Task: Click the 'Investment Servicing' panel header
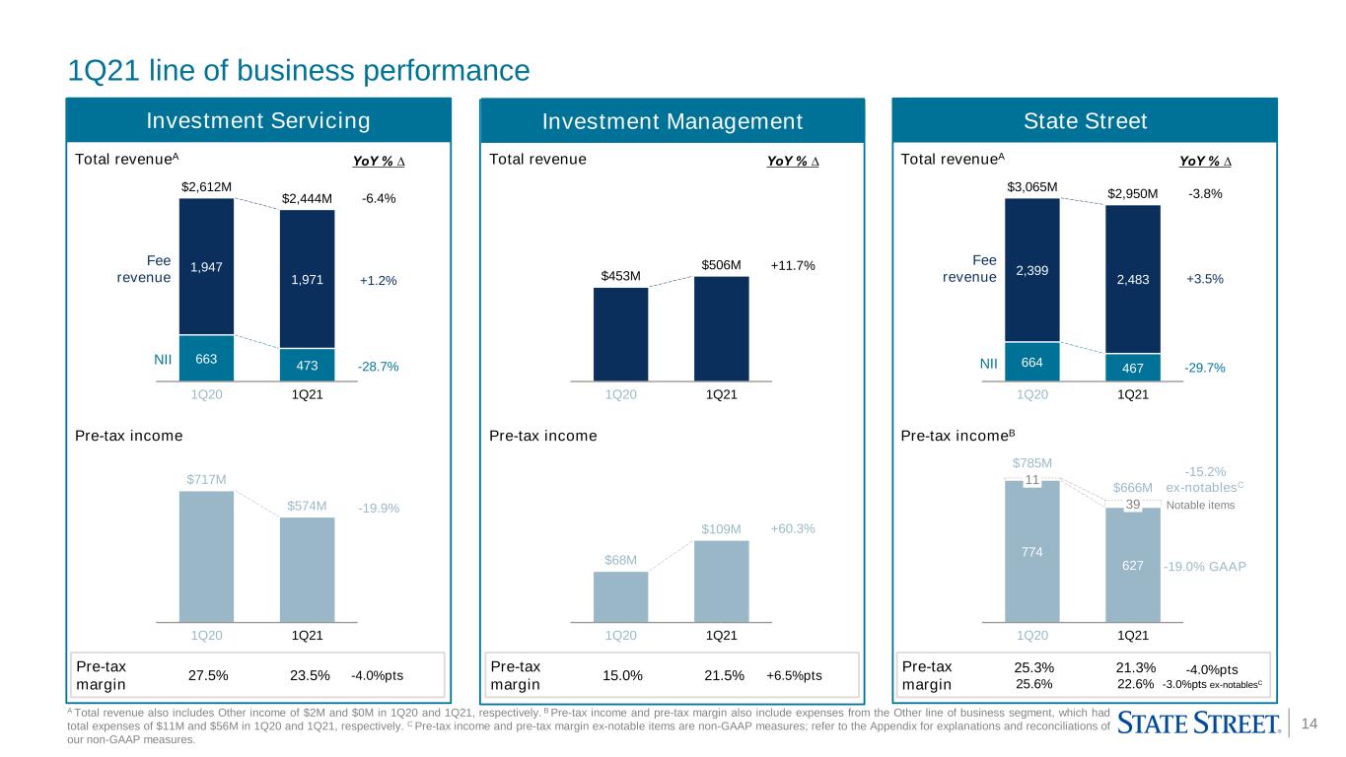click(258, 120)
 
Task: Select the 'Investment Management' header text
click(672, 121)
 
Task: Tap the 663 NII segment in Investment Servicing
click(206, 358)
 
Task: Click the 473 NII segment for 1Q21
click(307, 365)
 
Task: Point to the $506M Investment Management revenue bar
click(721, 328)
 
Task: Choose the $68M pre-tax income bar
click(620, 596)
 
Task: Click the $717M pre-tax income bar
click(206, 556)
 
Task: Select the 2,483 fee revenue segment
click(1133, 279)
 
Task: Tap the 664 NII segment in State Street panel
click(1031, 362)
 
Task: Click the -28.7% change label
click(378, 367)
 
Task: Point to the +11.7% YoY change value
click(793, 265)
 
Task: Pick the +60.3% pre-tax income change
click(793, 528)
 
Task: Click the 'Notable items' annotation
click(1200, 506)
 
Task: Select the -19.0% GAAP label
click(1205, 567)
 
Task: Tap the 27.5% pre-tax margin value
click(208, 675)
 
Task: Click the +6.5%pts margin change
click(794, 675)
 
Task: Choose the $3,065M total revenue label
click(1031, 187)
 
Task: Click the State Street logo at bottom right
click(1199, 723)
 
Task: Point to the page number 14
click(1309, 723)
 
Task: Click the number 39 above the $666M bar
click(1133, 504)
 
